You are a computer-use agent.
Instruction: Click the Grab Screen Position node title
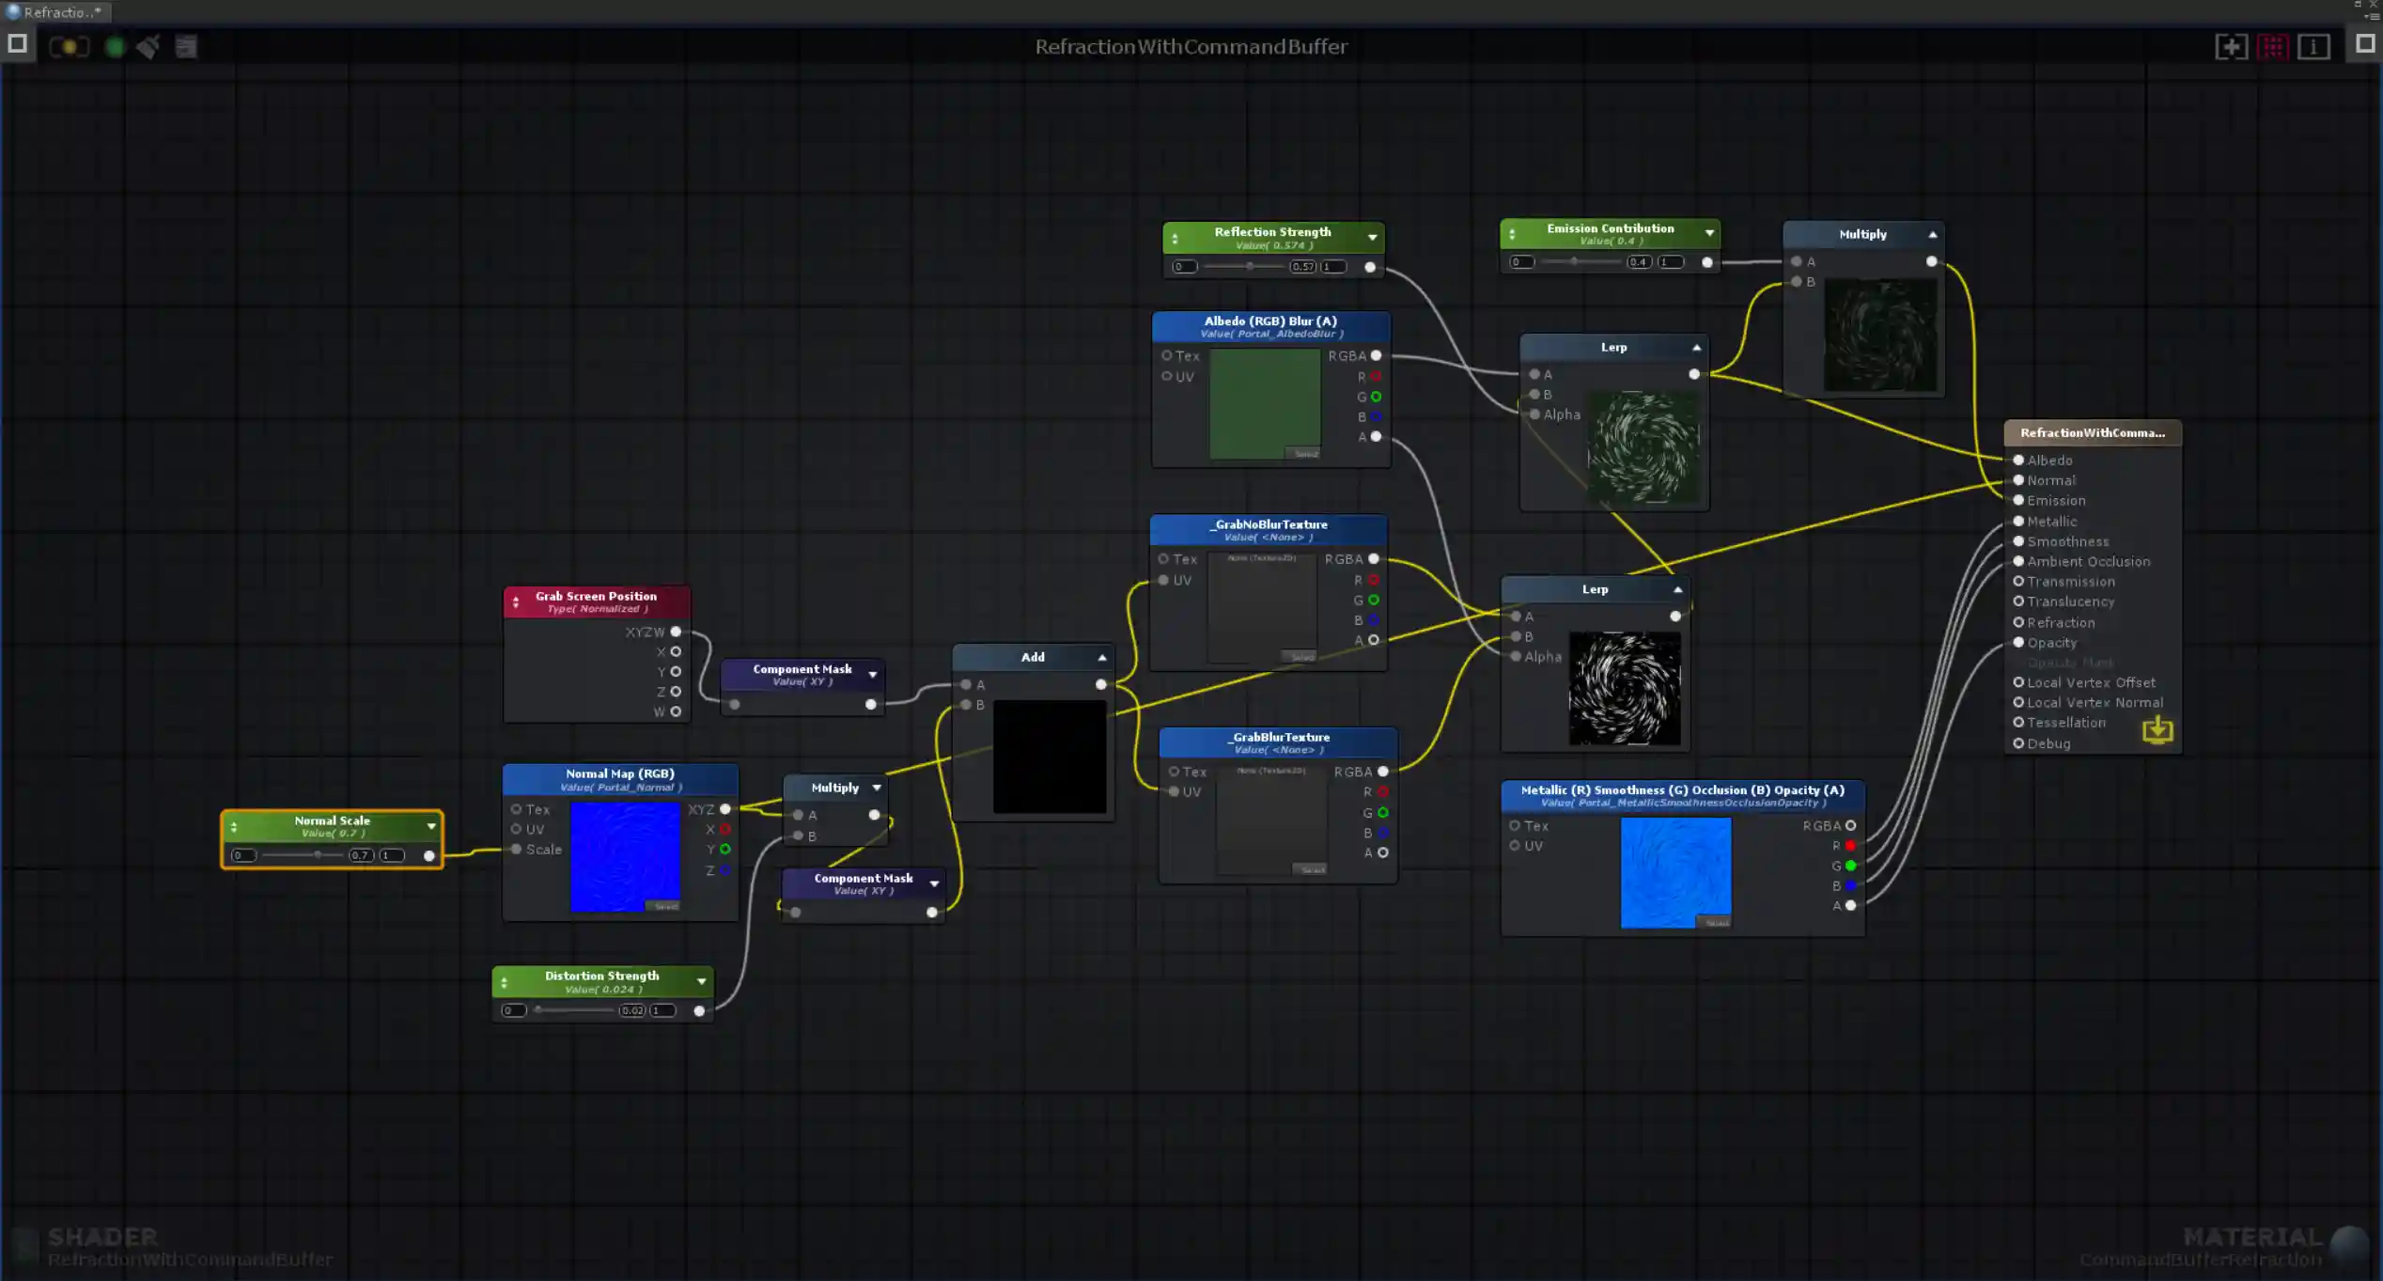coord(596,596)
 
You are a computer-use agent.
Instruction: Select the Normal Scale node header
coord(332,820)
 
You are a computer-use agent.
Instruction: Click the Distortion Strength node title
coord(601,976)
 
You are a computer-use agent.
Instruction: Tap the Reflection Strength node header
coord(1272,232)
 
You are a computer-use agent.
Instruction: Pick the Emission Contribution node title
coord(1610,228)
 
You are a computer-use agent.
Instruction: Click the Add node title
coord(1033,657)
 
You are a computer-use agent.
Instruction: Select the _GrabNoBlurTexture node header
coord(1269,524)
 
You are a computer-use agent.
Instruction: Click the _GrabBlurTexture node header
coord(1279,737)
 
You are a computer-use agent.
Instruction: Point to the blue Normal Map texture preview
coord(625,856)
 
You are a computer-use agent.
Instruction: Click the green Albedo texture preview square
coord(1265,403)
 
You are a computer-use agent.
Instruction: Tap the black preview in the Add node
coord(1050,757)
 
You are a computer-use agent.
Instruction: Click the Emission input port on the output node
coord(2018,501)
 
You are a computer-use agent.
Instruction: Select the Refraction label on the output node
coord(2061,622)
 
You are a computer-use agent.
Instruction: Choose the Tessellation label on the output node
coord(2066,723)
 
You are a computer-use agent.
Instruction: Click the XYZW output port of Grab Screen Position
coord(676,632)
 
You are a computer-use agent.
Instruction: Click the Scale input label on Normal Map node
coord(543,850)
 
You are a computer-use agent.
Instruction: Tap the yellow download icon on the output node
coord(2157,729)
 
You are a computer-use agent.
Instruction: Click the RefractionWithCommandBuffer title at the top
coord(1191,47)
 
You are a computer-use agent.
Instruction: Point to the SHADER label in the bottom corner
coord(102,1237)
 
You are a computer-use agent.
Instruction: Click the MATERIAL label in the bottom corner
coord(2252,1237)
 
